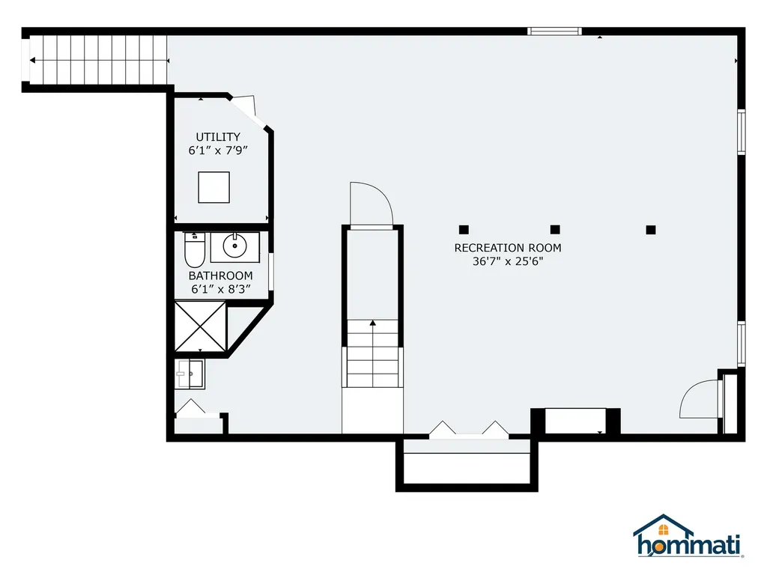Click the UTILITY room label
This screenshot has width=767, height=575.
[x=218, y=137]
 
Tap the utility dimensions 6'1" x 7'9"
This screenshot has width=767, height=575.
[x=218, y=150]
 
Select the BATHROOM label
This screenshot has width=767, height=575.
[x=221, y=276]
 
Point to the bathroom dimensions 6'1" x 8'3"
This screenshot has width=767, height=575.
[x=221, y=290]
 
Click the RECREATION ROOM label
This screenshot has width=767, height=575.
[x=508, y=248]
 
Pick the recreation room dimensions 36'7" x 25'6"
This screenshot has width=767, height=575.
[x=508, y=261]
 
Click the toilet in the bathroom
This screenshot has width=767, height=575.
[x=194, y=250]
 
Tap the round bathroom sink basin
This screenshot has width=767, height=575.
[x=234, y=246]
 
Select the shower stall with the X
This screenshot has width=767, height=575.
[x=201, y=326]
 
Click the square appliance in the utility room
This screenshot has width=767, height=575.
[x=213, y=187]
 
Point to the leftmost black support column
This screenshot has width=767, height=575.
[x=464, y=230]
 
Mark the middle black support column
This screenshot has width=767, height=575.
[x=555, y=230]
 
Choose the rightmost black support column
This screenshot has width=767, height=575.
[x=651, y=230]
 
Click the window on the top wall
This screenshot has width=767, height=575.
[x=555, y=31]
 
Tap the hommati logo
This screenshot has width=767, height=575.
[x=688, y=536]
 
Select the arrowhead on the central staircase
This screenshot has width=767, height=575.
[x=373, y=323]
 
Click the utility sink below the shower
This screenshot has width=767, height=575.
[x=190, y=374]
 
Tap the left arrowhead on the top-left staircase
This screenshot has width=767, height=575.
[x=32, y=61]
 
